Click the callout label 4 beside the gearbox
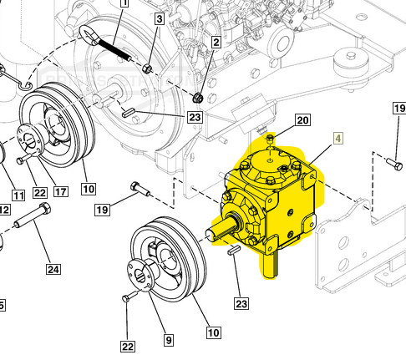(337, 139)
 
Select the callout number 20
(302, 120)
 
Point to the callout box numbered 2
(216, 43)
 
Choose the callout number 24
(53, 269)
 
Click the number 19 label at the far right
(398, 109)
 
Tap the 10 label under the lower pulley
(214, 332)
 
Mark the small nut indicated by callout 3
(147, 67)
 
